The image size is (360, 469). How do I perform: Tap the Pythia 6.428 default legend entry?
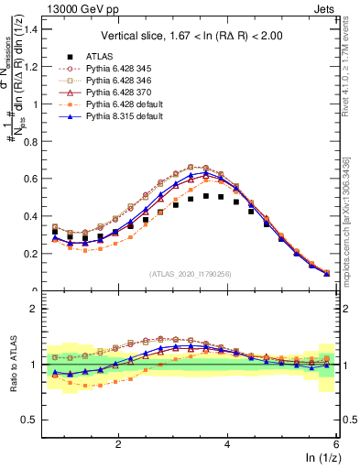point(122,105)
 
